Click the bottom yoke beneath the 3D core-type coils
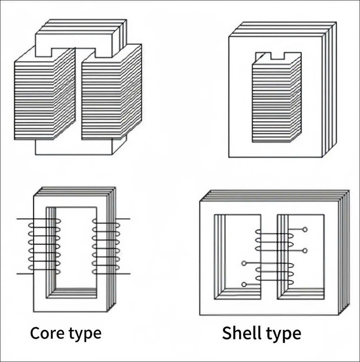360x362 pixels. tap(75, 146)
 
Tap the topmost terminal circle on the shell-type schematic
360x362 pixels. tap(305, 230)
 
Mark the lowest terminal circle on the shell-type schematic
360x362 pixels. tap(244, 285)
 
